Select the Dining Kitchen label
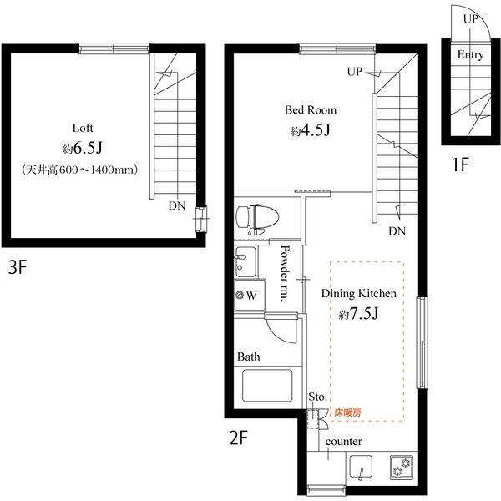[358, 294]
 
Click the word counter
[342, 441]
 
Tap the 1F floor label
[462, 164]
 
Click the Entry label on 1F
[470, 55]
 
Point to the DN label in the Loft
[177, 205]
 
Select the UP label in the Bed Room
[355, 72]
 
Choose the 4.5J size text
[313, 131]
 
